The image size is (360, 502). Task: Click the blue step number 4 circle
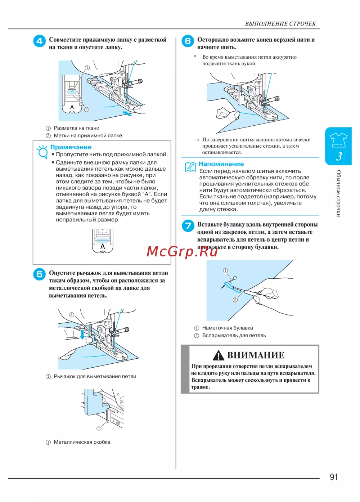click(39, 41)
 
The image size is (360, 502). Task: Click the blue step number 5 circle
click(39, 274)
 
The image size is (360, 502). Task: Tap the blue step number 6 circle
click(188, 41)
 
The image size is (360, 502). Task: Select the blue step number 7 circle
click(188, 226)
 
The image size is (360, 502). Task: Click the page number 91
click(334, 477)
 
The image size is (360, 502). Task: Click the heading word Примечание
click(71, 147)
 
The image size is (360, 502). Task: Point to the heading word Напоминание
click(221, 164)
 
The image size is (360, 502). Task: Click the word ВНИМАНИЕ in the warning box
click(256, 355)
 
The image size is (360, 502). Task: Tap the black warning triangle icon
click(219, 356)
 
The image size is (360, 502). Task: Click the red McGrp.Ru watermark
click(182, 251)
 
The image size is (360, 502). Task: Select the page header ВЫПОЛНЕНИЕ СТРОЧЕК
click(280, 24)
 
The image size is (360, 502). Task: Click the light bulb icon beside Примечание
click(42, 152)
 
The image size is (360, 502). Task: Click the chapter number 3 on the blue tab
click(339, 156)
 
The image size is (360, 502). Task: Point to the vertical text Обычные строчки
click(338, 193)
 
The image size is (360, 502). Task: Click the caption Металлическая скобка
click(82, 442)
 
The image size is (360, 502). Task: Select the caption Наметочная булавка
click(228, 328)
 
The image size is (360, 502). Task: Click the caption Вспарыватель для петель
click(234, 336)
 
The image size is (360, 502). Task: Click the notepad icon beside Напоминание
click(190, 167)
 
